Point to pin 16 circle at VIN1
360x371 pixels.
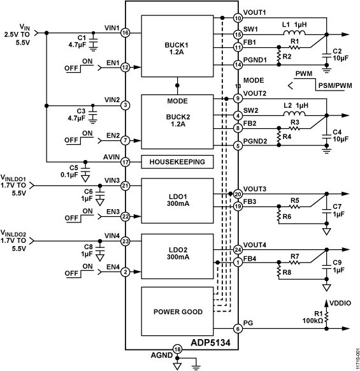(126, 33)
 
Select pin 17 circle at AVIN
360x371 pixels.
(126, 162)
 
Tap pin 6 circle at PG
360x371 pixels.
(238, 328)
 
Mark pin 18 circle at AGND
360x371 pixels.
(177, 350)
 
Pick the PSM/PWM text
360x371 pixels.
(335, 85)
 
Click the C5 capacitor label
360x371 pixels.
(75, 168)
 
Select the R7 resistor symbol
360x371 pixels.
(294, 262)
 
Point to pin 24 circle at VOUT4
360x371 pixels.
(238, 249)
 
